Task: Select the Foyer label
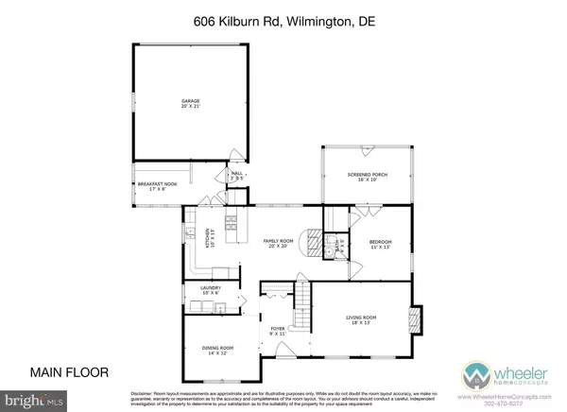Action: coord(278,332)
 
